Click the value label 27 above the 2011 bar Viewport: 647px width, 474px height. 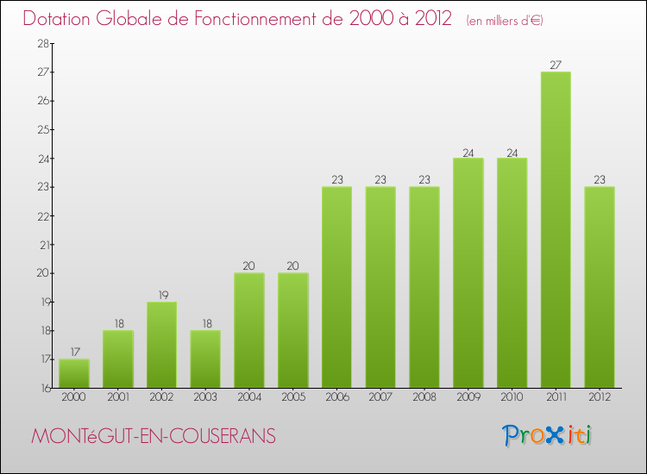(556, 64)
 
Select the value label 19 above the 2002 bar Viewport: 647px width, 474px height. (161, 295)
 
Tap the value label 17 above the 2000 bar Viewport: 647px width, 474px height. (74, 352)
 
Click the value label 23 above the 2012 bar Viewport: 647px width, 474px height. (600, 179)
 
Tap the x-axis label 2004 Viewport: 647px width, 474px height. (249, 398)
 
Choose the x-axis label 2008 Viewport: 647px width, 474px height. (424, 398)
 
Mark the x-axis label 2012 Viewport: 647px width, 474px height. (600, 398)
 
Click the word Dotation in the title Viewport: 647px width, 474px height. (59, 18)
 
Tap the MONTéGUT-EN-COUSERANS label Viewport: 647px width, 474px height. (154, 437)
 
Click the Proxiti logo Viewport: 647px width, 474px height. (547, 435)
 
